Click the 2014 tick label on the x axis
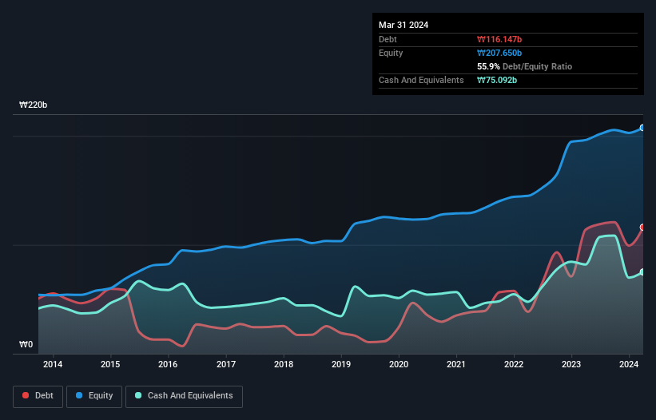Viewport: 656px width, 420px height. point(53,365)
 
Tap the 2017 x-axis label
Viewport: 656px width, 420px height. point(226,365)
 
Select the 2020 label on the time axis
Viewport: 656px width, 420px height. point(399,365)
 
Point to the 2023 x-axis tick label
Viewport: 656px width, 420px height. point(571,365)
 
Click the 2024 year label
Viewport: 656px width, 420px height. point(629,365)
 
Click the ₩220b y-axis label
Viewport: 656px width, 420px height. point(34,105)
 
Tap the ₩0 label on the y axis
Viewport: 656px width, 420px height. point(26,345)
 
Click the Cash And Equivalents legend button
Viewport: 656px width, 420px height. point(184,396)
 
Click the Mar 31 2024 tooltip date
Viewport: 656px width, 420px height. point(404,25)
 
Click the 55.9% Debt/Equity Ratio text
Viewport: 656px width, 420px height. point(524,66)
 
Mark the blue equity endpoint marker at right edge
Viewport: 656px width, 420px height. point(642,128)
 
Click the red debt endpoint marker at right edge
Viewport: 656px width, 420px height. point(642,228)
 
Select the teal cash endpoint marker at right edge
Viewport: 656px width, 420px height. point(642,272)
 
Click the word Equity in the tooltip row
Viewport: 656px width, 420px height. point(391,53)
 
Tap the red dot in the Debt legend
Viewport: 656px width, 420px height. point(26,396)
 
